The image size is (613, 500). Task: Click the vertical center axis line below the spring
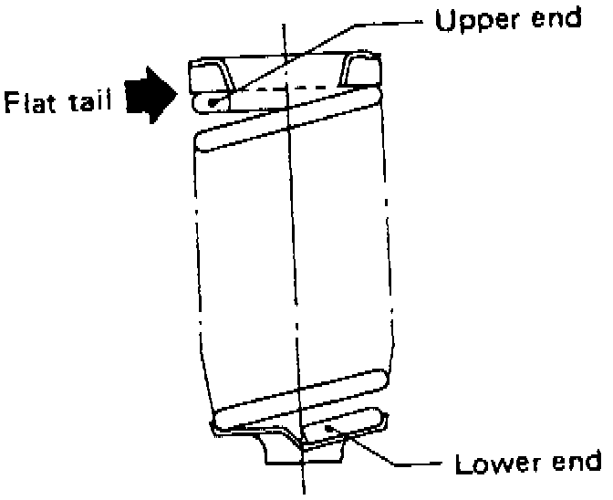coord(302,479)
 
